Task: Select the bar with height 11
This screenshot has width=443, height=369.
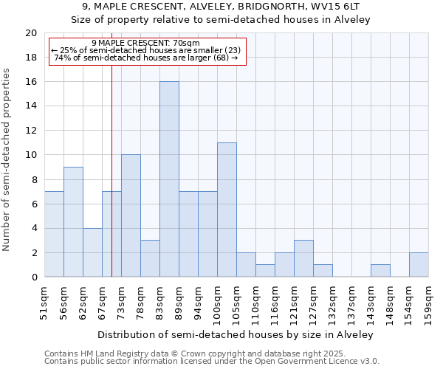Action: pyautogui.click(x=227, y=210)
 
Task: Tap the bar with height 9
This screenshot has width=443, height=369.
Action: pyautogui.click(x=73, y=221)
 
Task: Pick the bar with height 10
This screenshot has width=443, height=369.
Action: pyautogui.click(x=131, y=215)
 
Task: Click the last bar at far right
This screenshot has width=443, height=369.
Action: pyautogui.click(x=419, y=264)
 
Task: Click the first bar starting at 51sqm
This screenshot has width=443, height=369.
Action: pyautogui.click(x=54, y=234)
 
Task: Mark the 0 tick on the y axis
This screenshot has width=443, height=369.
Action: pyautogui.click(x=34, y=277)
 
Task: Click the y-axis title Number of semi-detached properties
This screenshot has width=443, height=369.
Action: pyautogui.click(x=8, y=159)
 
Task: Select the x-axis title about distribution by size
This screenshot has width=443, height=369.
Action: pyautogui.click(x=236, y=334)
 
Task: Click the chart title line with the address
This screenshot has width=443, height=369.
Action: pyautogui.click(x=221, y=7)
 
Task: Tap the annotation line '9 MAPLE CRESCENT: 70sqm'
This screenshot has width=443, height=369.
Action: pyautogui.click(x=146, y=44)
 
